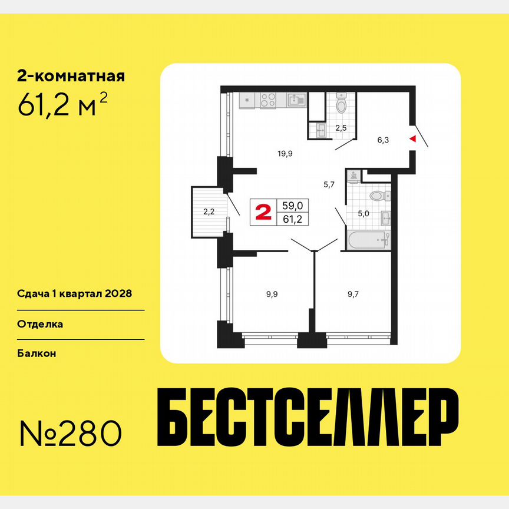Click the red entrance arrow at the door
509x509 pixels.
click(412, 139)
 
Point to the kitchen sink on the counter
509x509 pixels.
click(296, 100)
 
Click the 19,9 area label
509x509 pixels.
click(286, 154)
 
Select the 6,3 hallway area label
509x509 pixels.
click(383, 140)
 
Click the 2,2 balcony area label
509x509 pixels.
click(209, 211)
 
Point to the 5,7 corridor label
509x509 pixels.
click(329, 184)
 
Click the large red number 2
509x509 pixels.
click(263, 211)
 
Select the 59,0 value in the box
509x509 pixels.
click(293, 206)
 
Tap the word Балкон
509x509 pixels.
click(38, 353)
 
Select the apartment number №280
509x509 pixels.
click(71, 434)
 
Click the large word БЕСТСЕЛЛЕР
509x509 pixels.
click(309, 418)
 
